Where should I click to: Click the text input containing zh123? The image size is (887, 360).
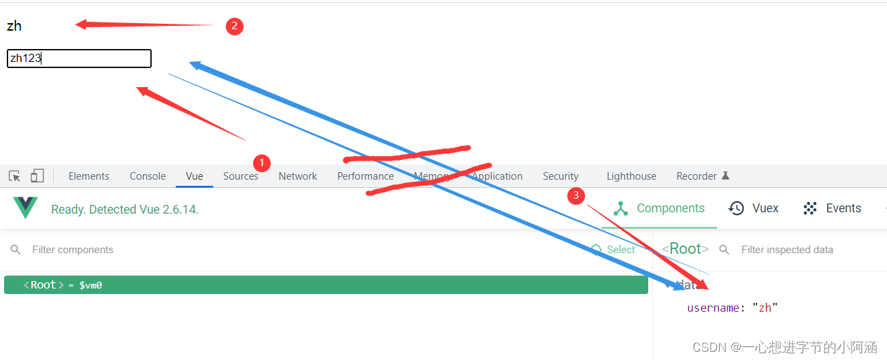[x=79, y=59]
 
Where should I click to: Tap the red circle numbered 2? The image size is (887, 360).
[x=235, y=27]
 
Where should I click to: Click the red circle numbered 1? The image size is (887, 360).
[x=262, y=163]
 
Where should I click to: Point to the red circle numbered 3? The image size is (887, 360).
[x=576, y=195]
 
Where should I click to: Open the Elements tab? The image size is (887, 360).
[x=88, y=176]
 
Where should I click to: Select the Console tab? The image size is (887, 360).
[x=148, y=176]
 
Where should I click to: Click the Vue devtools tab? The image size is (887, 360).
[x=195, y=176]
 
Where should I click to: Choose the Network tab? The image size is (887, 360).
[x=298, y=176]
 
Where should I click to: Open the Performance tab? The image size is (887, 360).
[x=365, y=176]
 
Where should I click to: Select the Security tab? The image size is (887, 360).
[x=560, y=176]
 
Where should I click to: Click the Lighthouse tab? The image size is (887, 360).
[x=631, y=176]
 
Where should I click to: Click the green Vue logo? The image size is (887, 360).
[x=26, y=208]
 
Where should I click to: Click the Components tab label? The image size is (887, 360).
[x=670, y=208]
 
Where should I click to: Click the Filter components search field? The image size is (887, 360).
[x=272, y=250]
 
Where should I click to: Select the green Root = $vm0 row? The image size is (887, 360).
[x=326, y=285]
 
